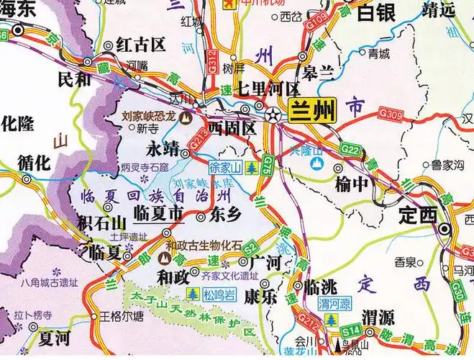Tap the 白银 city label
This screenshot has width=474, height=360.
(x=377, y=12)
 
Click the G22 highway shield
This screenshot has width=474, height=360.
(x=350, y=149)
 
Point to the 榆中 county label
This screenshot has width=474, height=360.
(x=350, y=184)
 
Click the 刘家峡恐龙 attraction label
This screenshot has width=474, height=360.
(x=148, y=114)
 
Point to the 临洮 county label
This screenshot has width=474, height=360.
(x=322, y=287)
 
